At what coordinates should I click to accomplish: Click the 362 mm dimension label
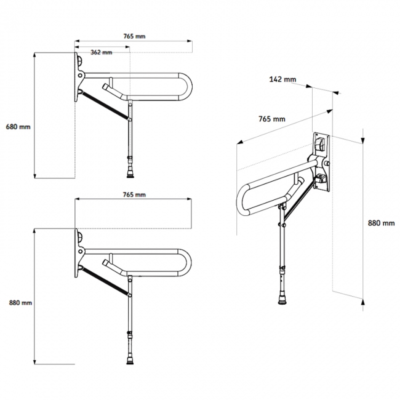(102, 52)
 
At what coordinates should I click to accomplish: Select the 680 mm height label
(18, 127)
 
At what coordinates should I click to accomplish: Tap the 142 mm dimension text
(282, 79)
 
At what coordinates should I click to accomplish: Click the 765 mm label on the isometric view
(271, 118)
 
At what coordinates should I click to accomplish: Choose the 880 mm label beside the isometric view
(381, 223)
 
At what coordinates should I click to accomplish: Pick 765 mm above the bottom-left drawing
(134, 194)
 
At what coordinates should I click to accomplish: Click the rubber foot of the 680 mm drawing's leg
(130, 173)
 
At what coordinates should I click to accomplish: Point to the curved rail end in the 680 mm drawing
(185, 86)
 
